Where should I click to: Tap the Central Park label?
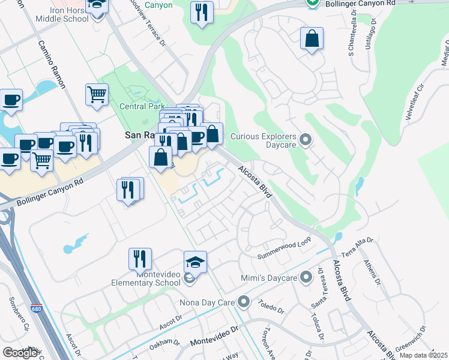pos(142,107)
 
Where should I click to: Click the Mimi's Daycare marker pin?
pos(306,277)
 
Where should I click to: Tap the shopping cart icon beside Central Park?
pos(97,94)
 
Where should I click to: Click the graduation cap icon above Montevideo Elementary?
pos(195,262)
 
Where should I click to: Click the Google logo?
pos(20,353)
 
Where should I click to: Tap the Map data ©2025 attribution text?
pos(423,355)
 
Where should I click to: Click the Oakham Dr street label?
pos(164,342)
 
